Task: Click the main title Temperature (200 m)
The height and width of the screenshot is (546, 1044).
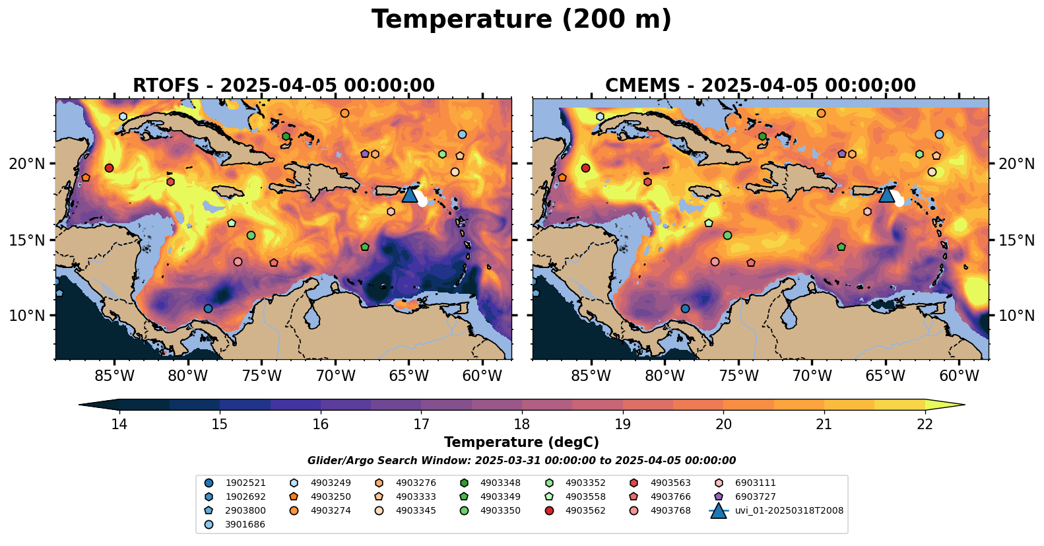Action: pyautogui.click(x=521, y=20)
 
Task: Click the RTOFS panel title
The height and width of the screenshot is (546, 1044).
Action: pyautogui.click(x=283, y=85)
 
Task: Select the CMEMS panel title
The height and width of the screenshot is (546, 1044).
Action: pyautogui.click(x=760, y=85)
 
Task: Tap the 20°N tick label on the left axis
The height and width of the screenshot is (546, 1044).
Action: pyautogui.click(x=26, y=164)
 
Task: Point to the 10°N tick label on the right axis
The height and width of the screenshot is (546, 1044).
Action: pyautogui.click(x=1016, y=316)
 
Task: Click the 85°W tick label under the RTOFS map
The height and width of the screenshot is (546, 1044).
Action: pyautogui.click(x=114, y=376)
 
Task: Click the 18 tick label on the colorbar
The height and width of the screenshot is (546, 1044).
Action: pyautogui.click(x=521, y=424)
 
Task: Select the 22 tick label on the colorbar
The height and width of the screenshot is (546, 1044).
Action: pyautogui.click(x=925, y=424)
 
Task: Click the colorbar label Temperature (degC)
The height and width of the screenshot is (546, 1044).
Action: pyautogui.click(x=521, y=442)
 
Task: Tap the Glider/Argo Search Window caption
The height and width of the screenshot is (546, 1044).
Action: pyautogui.click(x=521, y=461)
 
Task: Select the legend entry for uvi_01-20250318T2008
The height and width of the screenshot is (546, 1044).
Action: pyautogui.click(x=776, y=510)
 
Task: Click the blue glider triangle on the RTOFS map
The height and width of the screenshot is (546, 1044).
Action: pyautogui.click(x=409, y=195)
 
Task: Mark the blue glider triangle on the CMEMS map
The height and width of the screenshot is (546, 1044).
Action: pyautogui.click(x=886, y=195)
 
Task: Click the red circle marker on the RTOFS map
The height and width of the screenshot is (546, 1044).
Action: pyautogui.click(x=109, y=168)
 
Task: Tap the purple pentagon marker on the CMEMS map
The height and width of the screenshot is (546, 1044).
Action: pyautogui.click(x=841, y=153)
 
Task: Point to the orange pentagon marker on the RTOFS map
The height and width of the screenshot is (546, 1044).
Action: pyautogui.click(x=86, y=178)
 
